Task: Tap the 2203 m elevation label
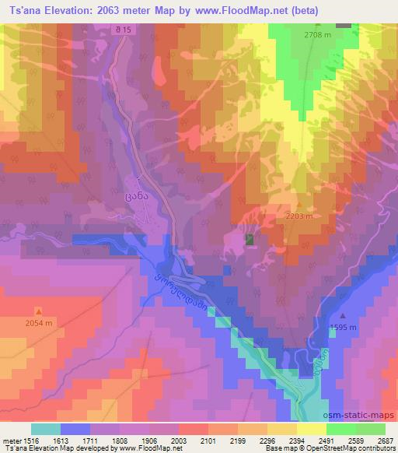299,216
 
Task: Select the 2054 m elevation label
39,322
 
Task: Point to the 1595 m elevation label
343,328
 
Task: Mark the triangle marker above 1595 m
343,317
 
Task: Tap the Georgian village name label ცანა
135,198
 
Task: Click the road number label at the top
120,30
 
